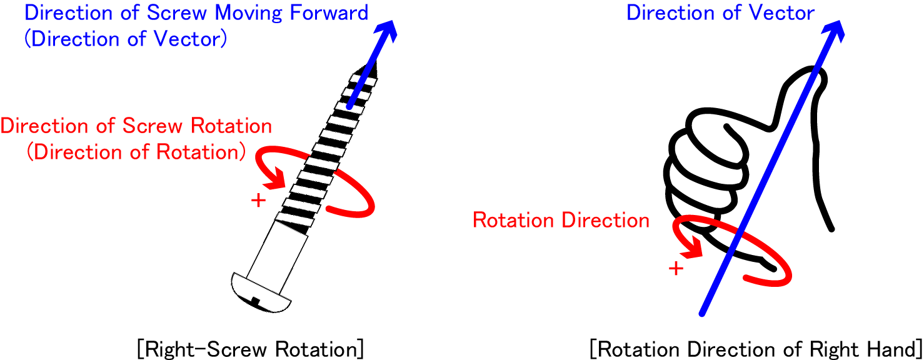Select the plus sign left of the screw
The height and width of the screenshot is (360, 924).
point(257,201)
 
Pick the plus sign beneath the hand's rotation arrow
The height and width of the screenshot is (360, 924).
point(676,268)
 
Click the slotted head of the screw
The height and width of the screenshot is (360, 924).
point(260,293)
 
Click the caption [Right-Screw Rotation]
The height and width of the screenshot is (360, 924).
point(249,347)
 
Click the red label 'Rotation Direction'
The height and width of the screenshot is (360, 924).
point(561,220)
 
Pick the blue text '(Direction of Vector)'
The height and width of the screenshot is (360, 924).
point(125,39)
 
